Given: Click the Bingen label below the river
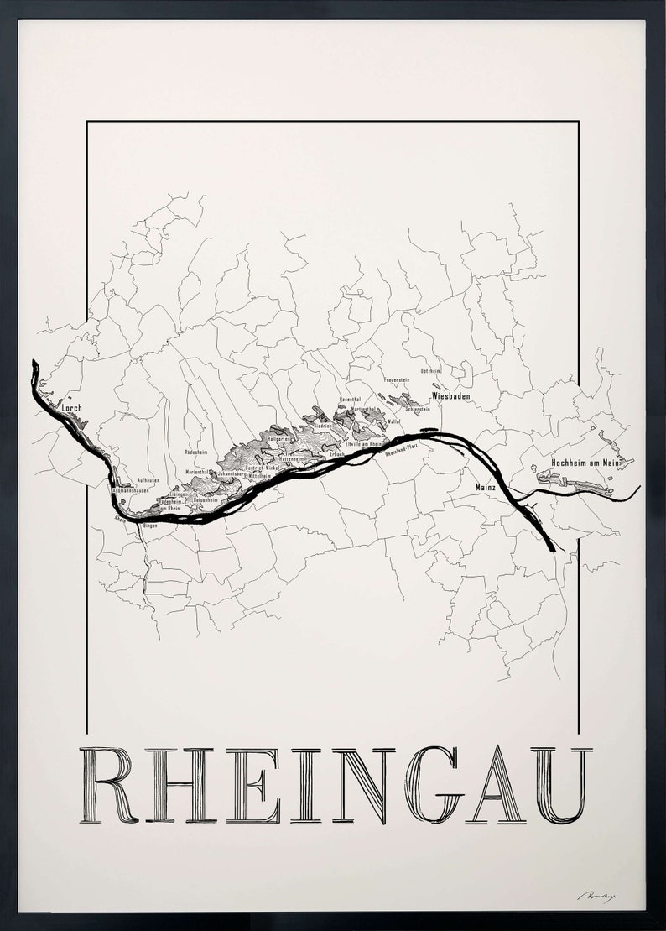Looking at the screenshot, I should (150, 526).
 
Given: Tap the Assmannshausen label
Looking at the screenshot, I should (131, 490).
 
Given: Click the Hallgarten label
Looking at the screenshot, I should (278, 439).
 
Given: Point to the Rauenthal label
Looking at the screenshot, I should (350, 400).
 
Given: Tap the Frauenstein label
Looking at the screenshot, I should (397, 381).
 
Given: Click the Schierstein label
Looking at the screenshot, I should (417, 409).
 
